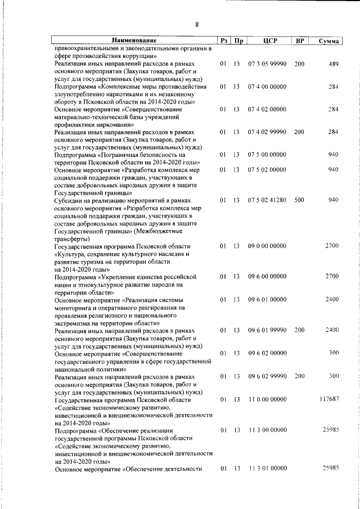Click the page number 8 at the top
pyautogui.click(x=197, y=24)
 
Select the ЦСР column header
pyautogui.click(x=267, y=40)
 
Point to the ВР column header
pyautogui.click(x=300, y=40)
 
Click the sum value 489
pyautogui.click(x=334, y=64)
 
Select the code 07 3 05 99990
pyautogui.click(x=267, y=64)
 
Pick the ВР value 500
pyautogui.click(x=299, y=200)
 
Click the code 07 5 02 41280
pyautogui.click(x=267, y=200)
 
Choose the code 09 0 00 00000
pyautogui.click(x=267, y=246)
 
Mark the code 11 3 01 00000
pyautogui.click(x=267, y=468)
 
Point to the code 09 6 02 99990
pyautogui.click(x=267, y=376)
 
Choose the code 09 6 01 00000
pyautogui.click(x=267, y=300)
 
